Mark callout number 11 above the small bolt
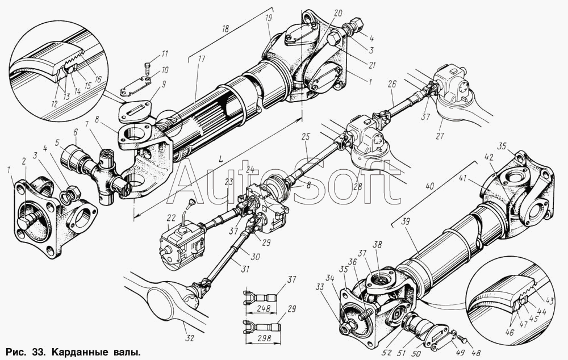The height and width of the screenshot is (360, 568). point(165,54)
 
